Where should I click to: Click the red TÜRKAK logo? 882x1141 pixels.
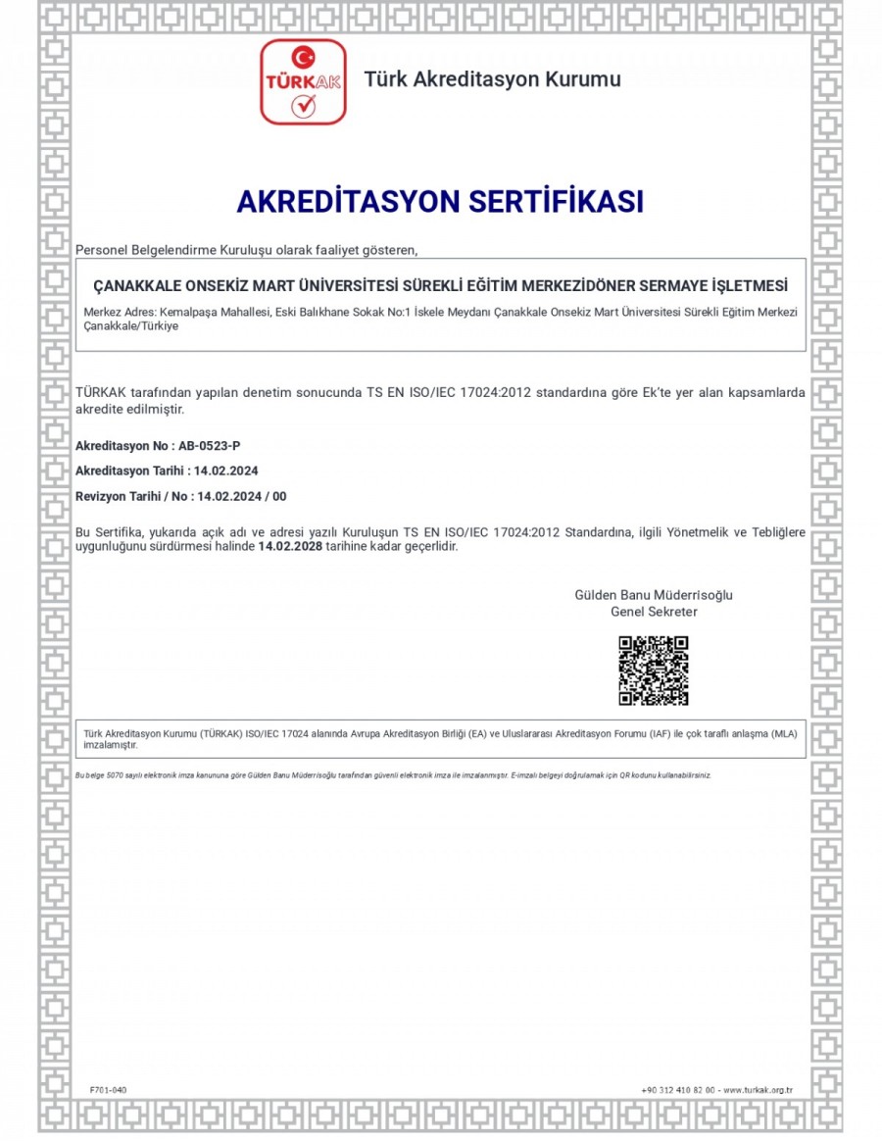(x=303, y=82)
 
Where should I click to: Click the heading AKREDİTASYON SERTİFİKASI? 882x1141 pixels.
(x=440, y=202)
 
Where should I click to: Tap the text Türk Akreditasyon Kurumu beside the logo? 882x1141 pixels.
(x=492, y=79)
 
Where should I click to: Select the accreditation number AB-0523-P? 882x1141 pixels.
(x=210, y=445)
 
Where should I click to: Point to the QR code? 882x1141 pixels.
(x=653, y=670)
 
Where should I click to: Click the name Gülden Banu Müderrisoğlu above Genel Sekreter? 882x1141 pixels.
(x=653, y=595)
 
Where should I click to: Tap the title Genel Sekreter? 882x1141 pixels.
(x=654, y=612)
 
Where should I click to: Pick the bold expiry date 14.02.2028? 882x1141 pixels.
(x=290, y=547)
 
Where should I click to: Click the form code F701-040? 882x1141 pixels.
(x=108, y=1090)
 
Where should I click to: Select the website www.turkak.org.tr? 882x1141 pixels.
(x=758, y=1090)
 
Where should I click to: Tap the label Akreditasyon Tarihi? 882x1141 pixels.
(x=123, y=471)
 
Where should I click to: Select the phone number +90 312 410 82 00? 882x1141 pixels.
(x=678, y=1090)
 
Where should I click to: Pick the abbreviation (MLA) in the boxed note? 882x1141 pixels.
(x=784, y=734)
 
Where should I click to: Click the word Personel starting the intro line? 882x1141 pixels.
(x=103, y=250)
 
